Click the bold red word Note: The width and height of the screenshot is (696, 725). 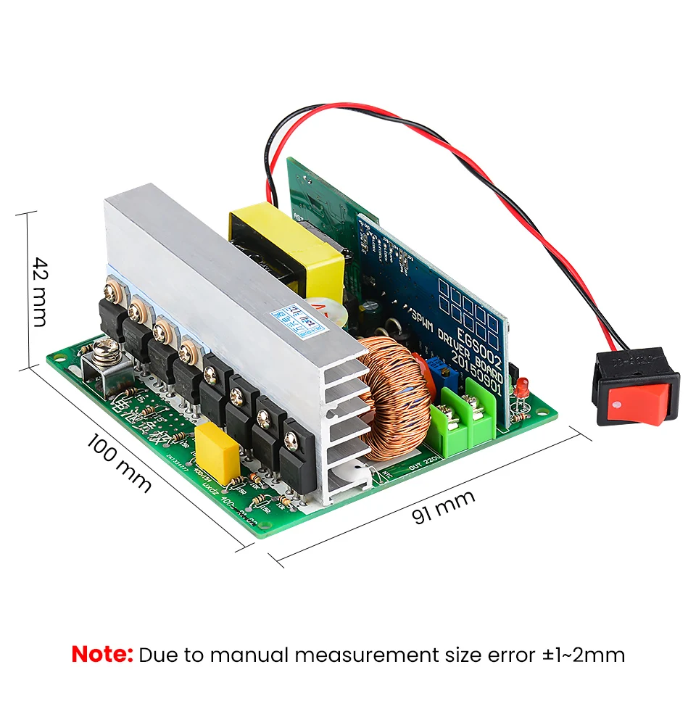[x=102, y=655]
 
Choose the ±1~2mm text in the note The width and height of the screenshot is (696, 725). [x=584, y=655]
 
